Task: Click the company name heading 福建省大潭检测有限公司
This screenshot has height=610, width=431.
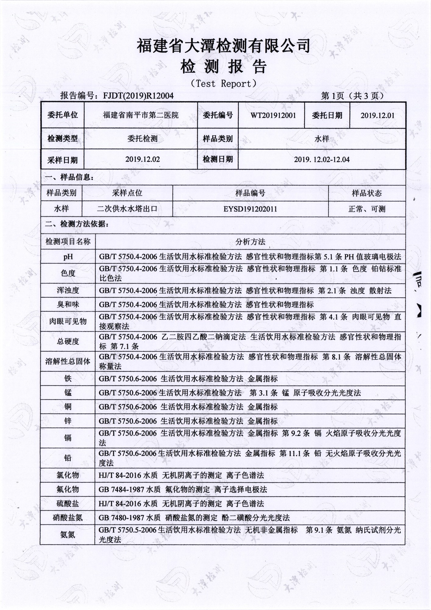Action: (223, 46)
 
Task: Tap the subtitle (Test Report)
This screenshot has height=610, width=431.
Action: (223, 84)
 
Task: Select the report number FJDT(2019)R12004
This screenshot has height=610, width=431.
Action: (138, 96)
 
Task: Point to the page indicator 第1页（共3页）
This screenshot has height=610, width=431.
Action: (352, 96)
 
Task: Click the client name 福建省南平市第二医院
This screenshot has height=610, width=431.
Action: (141, 115)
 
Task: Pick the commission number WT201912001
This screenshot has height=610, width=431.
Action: (273, 115)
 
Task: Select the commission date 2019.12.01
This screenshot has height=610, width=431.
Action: (377, 115)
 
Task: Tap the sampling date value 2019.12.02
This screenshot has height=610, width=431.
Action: (142, 159)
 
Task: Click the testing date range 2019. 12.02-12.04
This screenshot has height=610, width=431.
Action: (322, 159)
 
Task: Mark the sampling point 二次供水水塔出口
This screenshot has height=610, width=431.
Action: (127, 209)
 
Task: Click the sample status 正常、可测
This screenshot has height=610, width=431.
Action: (367, 209)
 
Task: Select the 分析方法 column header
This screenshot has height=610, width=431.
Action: (250, 242)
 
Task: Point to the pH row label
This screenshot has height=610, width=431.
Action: (68, 257)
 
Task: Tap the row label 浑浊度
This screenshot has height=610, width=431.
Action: (68, 290)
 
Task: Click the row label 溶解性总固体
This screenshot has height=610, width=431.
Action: (68, 362)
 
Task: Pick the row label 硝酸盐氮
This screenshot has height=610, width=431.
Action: (68, 518)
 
